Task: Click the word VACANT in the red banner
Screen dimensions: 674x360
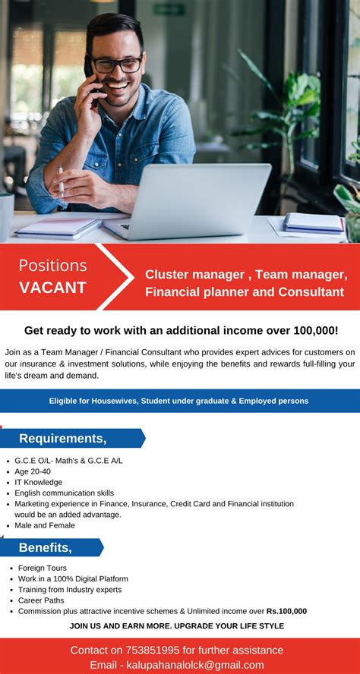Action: point(52,288)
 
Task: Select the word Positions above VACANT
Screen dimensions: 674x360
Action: point(52,266)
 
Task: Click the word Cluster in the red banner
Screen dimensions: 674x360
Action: point(167,274)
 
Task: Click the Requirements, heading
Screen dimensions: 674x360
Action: point(62,438)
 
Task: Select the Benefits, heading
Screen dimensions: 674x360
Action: point(45,547)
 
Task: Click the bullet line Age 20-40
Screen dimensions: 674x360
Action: point(33,471)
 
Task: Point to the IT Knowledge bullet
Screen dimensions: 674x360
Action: point(39,482)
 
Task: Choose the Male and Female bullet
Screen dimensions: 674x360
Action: point(45,525)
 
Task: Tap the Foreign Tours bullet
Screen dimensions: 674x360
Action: point(43,568)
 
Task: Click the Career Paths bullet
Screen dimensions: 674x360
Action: point(41,600)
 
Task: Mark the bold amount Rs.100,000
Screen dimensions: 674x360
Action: point(286,611)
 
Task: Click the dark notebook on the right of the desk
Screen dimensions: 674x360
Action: point(313,222)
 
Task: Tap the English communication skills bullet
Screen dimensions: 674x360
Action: point(65,493)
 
